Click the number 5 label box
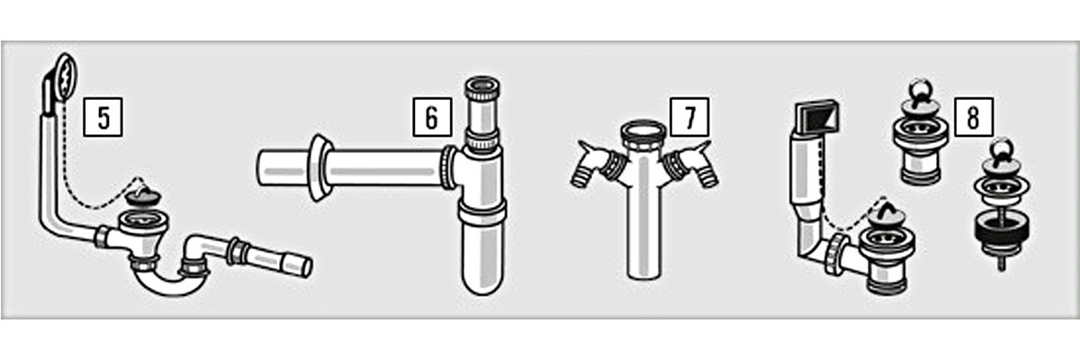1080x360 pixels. click(x=103, y=117)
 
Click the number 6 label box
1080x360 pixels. click(x=432, y=117)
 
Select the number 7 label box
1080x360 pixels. click(x=689, y=117)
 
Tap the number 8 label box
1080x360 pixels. click(x=974, y=117)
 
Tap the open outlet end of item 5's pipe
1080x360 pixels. click(x=306, y=267)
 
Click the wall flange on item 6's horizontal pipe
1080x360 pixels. click(x=319, y=167)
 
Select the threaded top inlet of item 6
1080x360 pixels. click(x=482, y=89)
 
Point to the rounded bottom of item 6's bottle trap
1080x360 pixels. click(x=482, y=280)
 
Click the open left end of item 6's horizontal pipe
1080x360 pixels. click(x=263, y=168)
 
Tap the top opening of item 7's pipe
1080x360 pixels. click(x=643, y=130)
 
